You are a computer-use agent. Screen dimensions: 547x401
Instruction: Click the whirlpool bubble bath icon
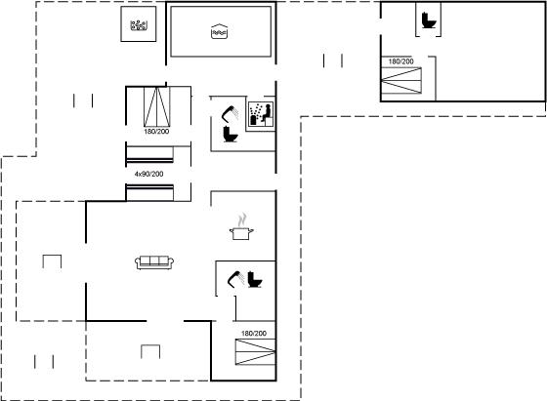click(x=139, y=25)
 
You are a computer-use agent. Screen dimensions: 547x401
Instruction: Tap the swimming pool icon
click(x=220, y=31)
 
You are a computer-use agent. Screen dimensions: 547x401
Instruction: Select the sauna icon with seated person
click(x=261, y=114)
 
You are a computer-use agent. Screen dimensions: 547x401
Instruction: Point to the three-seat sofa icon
click(x=154, y=262)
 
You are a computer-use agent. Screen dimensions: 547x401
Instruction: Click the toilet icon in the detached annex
click(x=429, y=20)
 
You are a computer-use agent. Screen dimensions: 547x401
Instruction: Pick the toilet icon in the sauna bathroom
click(x=230, y=134)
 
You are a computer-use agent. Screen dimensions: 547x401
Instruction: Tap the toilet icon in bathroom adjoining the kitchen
click(x=255, y=279)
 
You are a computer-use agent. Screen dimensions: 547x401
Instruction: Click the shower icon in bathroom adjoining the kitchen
click(x=235, y=279)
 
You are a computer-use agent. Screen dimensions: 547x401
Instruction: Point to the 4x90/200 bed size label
click(x=148, y=174)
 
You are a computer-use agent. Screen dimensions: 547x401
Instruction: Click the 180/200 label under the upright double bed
click(x=156, y=132)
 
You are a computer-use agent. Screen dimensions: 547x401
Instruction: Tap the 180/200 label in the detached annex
click(x=401, y=61)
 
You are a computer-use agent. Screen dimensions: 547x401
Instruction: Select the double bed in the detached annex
click(x=401, y=80)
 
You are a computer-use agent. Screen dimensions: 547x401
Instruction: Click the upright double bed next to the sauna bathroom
click(x=157, y=106)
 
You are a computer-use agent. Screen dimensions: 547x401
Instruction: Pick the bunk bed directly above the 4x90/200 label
click(x=149, y=155)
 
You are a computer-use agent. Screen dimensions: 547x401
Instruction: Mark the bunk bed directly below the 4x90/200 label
click(x=149, y=192)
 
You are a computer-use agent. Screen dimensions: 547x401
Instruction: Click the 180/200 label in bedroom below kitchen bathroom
click(x=254, y=334)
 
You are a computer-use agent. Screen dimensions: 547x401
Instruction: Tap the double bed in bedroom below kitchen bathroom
click(x=255, y=352)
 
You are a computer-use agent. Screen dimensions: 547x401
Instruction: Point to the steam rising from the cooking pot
click(x=242, y=221)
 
